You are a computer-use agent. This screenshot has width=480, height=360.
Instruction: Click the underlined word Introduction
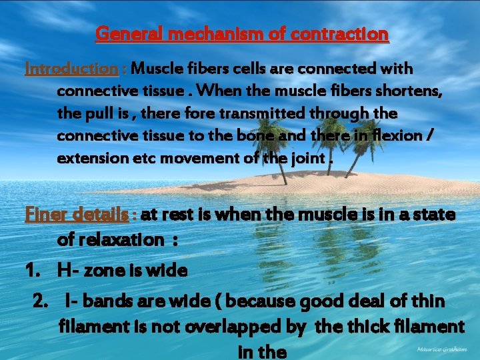[71, 69]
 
